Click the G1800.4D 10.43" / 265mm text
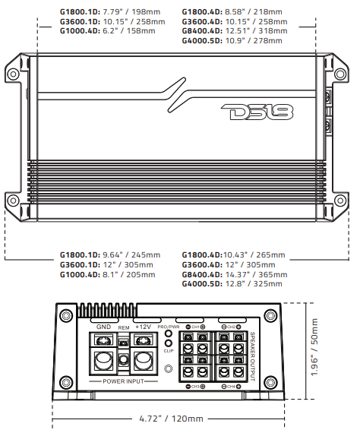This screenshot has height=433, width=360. point(232,254)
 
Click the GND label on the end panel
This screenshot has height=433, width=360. point(104,326)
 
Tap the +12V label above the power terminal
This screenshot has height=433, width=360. point(143,326)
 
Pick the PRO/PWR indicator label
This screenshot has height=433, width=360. point(167,327)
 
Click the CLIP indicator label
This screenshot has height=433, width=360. point(168,351)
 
